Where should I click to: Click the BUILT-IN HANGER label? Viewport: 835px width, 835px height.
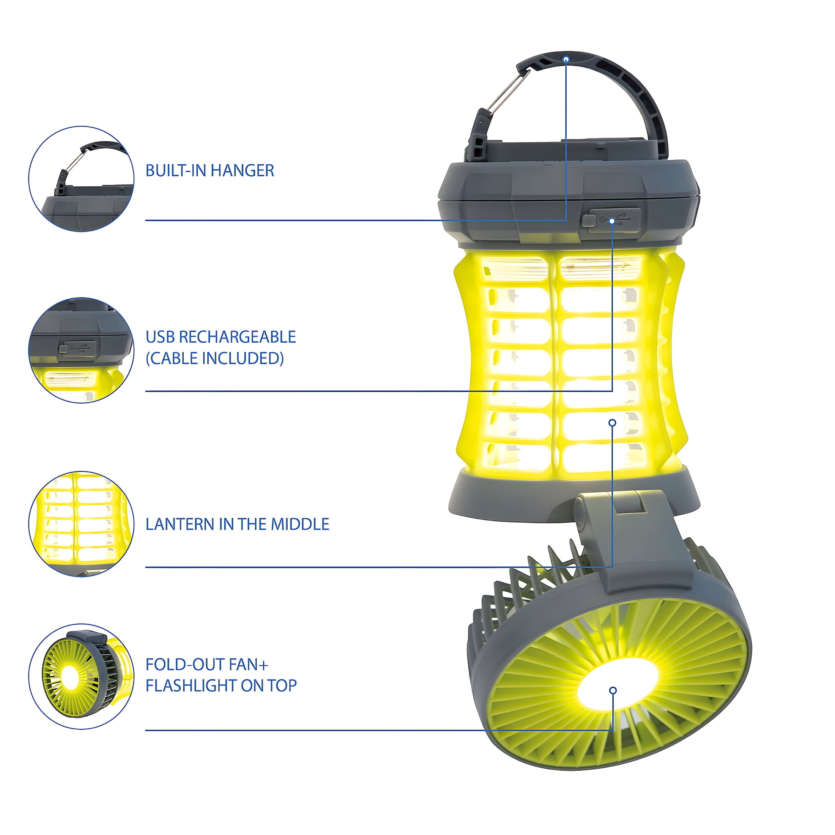coord(210,171)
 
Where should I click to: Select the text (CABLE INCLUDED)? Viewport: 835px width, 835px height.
coord(215,358)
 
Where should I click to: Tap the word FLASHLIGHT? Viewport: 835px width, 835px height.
coord(191,685)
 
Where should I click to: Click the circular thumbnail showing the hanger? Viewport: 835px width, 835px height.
coord(81,179)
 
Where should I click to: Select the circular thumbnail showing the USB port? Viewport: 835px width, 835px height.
coord(81,350)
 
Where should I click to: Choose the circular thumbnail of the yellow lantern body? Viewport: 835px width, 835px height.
coord(81,524)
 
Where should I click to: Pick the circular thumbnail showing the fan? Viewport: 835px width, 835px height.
coord(81,676)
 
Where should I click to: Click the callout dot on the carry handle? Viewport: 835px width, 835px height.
coord(566,59)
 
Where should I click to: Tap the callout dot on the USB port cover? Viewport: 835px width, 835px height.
coord(612,221)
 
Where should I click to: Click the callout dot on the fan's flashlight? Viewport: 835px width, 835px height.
coord(613,690)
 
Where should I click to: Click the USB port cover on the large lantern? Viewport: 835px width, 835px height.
coord(611,221)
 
